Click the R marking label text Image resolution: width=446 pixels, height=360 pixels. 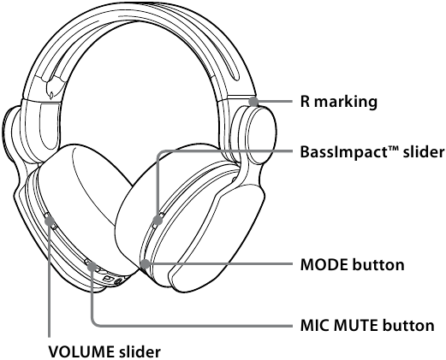[339, 102]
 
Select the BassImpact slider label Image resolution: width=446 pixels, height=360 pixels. [372, 152]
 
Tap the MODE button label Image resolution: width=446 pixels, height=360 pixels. [353, 264]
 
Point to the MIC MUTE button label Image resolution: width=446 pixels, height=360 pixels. [367, 325]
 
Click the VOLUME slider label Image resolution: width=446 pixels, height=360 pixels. [104, 351]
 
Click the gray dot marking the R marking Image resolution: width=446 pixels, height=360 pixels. [253, 102]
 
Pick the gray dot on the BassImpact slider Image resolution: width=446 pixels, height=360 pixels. [158, 220]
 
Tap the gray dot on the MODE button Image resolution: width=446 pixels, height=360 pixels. [146, 264]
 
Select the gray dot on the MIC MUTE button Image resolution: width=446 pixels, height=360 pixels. [92, 267]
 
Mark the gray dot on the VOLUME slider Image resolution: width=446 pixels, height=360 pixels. [50, 220]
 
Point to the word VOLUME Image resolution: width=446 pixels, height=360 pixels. [81, 351]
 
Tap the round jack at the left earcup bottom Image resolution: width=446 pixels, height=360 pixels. [117, 282]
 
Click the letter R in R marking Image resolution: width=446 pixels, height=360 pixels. [305, 102]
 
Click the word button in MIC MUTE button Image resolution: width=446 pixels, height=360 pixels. [408, 325]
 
